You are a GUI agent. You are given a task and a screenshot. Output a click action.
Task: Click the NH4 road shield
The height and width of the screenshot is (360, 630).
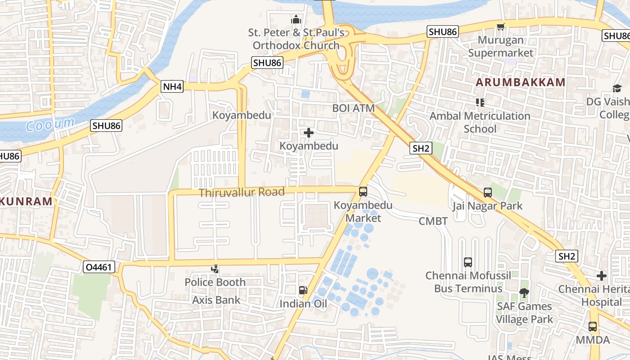[172, 86]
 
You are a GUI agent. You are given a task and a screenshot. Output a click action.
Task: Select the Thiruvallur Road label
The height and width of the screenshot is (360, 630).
[242, 193]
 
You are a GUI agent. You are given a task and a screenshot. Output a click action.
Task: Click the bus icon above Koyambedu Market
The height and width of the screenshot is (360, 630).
[363, 192]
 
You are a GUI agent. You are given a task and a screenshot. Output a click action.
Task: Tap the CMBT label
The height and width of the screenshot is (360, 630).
[433, 221]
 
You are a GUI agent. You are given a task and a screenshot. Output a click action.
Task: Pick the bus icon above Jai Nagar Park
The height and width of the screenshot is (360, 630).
[487, 193]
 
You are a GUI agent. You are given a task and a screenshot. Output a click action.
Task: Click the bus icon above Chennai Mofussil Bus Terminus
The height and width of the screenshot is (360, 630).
[468, 262]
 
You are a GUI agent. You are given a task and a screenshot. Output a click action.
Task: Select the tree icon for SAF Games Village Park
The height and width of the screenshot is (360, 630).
[524, 293]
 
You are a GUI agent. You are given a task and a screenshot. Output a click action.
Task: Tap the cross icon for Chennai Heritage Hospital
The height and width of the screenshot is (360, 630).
[602, 275]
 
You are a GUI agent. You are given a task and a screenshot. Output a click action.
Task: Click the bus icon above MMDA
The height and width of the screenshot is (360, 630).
[593, 327]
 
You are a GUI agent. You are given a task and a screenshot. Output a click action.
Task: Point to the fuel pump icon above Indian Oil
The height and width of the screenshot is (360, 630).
[303, 291]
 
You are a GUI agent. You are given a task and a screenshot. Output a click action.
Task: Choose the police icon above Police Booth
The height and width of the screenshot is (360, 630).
[215, 269]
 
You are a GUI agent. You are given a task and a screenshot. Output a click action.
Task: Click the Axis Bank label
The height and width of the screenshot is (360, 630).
[216, 300]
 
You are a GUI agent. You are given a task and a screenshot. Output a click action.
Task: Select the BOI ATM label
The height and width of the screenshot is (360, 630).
[353, 108]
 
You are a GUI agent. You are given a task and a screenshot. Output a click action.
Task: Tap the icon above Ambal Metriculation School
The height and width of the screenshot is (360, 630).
[480, 103]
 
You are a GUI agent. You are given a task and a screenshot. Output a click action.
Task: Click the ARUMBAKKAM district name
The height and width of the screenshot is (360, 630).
[520, 82]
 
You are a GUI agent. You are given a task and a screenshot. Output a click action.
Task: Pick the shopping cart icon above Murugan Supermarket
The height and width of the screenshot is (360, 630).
[500, 27]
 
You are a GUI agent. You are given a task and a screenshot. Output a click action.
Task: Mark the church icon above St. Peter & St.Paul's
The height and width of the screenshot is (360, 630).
[296, 20]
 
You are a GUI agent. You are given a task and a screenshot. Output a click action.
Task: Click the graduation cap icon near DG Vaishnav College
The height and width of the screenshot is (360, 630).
[616, 89]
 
